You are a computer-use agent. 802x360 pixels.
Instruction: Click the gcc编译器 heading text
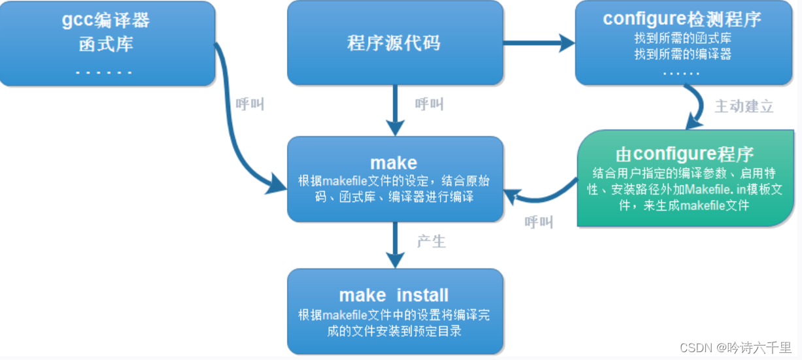pyautogui.click(x=106, y=20)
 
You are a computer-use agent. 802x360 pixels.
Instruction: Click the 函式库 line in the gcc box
pyautogui.click(x=106, y=46)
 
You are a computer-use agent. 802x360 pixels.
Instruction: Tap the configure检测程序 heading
pyautogui.click(x=682, y=19)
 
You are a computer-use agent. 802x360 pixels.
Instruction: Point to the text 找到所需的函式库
pyautogui.click(x=682, y=38)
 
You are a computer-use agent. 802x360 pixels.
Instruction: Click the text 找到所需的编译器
pyautogui.click(x=682, y=55)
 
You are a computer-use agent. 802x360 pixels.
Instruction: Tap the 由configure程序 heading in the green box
pyautogui.click(x=684, y=154)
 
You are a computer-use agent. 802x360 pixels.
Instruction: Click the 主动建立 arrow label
pyautogui.click(x=744, y=106)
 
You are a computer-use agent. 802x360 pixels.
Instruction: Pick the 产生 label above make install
pyautogui.click(x=431, y=241)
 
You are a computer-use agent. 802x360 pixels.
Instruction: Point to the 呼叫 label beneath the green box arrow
pyautogui.click(x=539, y=222)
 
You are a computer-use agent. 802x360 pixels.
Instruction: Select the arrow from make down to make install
pyautogui.click(x=395, y=244)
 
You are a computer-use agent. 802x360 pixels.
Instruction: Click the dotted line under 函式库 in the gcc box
pyautogui.click(x=104, y=72)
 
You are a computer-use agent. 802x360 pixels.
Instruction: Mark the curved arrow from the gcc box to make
pyautogui.click(x=236, y=131)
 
